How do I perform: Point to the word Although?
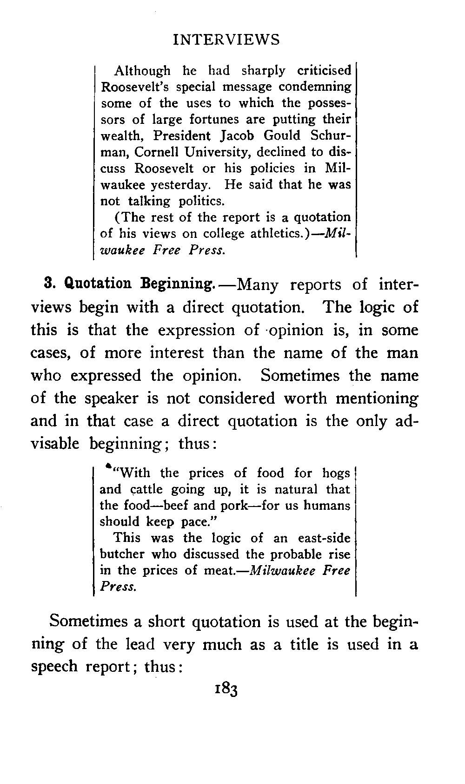142,71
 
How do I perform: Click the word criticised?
324,71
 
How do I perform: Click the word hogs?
336,473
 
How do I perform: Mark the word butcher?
121,554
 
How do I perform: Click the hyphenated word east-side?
324,538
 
